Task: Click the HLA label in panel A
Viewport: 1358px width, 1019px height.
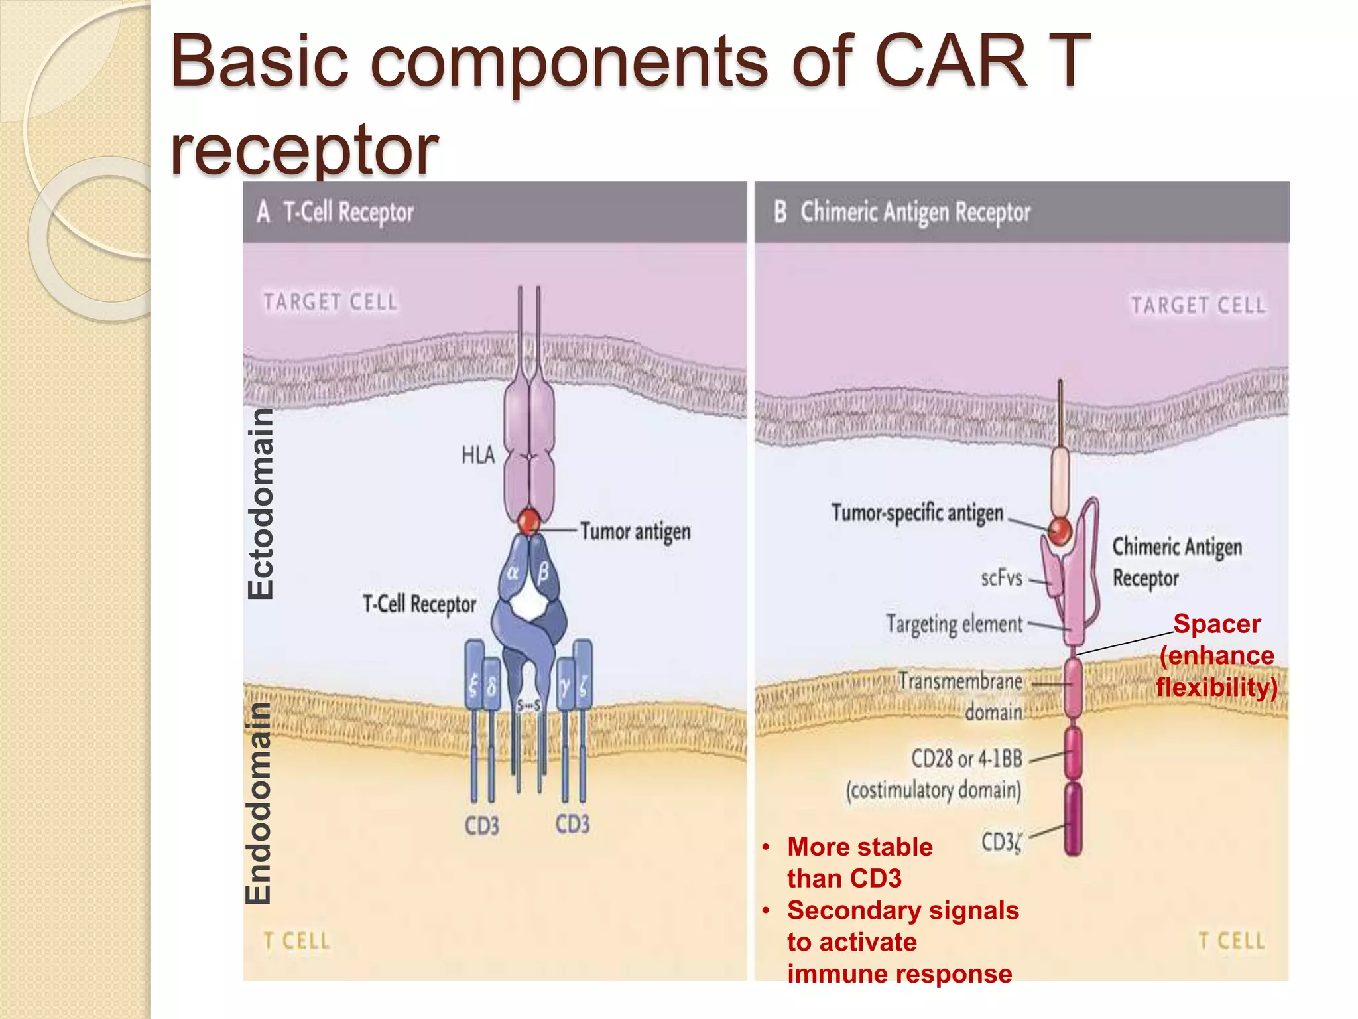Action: (478, 456)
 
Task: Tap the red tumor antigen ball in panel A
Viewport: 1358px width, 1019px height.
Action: (528, 522)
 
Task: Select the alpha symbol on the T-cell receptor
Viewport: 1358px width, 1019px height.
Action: (513, 572)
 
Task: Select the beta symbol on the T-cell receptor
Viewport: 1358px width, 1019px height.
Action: (543, 572)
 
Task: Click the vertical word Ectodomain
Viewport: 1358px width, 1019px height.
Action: (261, 504)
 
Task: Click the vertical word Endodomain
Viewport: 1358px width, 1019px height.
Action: (259, 803)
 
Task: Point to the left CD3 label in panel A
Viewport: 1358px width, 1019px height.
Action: (481, 826)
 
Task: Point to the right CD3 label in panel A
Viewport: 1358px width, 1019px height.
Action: (572, 824)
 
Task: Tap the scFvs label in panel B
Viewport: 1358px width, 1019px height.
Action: (1001, 578)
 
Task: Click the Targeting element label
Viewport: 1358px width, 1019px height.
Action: (954, 624)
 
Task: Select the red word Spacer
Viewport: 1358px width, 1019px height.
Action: (1217, 624)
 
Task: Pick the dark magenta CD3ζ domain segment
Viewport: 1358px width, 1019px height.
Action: (1073, 819)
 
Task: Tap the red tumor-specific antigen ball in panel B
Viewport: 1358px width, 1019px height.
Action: (1060, 531)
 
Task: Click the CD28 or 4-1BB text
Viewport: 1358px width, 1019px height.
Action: (967, 758)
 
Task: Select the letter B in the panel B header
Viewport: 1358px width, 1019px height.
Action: (780, 212)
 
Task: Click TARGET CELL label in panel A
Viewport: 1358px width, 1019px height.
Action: (330, 303)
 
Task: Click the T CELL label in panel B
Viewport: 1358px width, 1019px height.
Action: (1231, 941)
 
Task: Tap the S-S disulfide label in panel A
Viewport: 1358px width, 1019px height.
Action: (528, 705)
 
